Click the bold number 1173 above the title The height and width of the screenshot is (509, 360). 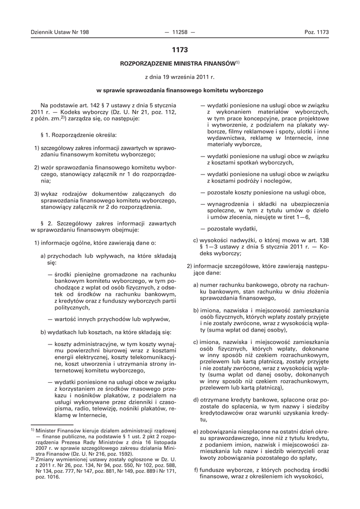click(180, 50)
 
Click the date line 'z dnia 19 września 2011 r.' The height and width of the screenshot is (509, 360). click(180, 78)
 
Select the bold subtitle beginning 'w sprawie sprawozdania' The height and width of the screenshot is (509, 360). click(180, 91)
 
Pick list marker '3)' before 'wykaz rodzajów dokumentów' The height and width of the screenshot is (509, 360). click(37, 193)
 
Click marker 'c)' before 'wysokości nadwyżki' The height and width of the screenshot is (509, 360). click(196, 241)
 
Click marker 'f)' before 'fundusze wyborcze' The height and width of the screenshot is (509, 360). click(196, 470)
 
